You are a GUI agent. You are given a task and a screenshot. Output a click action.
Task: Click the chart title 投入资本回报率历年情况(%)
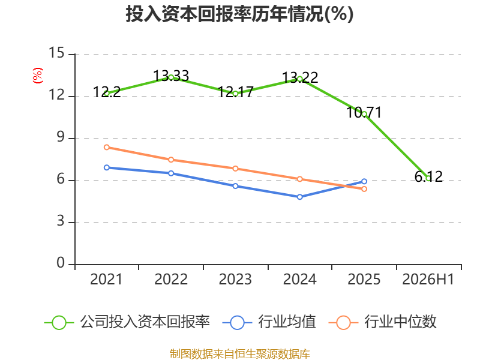tap(239, 14)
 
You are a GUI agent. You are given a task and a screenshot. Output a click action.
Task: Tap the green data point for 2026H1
tap(428, 178)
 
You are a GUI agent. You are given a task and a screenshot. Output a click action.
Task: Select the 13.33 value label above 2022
tap(171, 76)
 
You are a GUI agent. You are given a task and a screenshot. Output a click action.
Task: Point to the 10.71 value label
tap(364, 112)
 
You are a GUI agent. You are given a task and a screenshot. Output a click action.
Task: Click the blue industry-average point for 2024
tap(299, 197)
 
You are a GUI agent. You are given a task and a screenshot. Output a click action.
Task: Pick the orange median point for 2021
tap(107, 147)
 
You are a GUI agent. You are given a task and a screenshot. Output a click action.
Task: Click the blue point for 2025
tap(364, 181)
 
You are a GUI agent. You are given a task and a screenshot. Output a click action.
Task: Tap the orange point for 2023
tap(235, 169)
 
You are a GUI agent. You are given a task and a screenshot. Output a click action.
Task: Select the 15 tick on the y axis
tap(56, 53)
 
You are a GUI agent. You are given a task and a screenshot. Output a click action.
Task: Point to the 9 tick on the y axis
tap(61, 137)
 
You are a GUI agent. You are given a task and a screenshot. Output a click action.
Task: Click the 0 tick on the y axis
tap(61, 263)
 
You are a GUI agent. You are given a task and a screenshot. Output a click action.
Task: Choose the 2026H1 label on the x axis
tap(428, 279)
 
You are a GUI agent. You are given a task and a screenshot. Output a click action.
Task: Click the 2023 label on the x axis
tap(235, 279)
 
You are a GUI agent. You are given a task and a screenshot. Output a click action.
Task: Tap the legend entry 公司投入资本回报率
tap(127, 322)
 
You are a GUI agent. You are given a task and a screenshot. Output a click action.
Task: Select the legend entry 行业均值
tap(269, 322)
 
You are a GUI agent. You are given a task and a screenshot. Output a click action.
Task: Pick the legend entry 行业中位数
tap(382, 322)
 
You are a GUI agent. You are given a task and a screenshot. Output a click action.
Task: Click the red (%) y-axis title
tap(38, 76)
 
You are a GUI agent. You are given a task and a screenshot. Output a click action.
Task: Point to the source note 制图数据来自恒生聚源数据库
tap(239, 353)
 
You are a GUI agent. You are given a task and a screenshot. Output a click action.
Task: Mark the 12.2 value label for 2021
tap(107, 92)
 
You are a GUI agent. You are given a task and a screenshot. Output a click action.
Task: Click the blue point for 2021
tap(107, 167)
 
